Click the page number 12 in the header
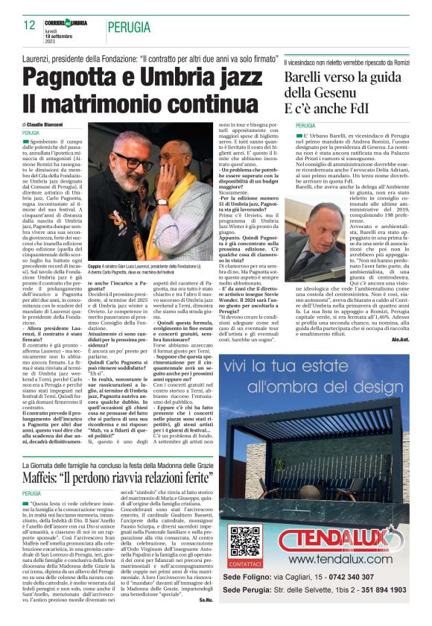[x=29, y=25]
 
